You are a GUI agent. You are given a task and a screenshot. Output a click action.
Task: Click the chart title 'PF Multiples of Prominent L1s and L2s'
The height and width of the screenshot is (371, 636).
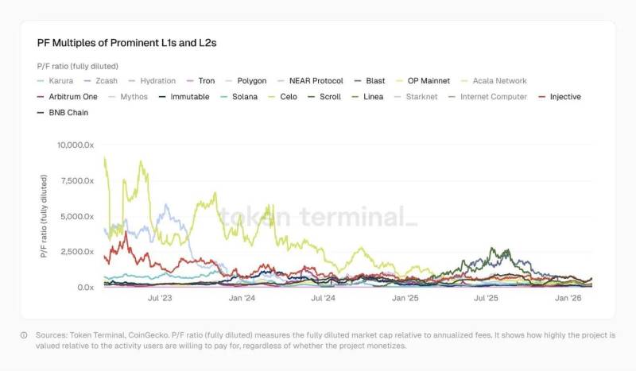tap(126, 43)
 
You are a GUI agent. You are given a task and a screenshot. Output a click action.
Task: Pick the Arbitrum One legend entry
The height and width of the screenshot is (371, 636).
tap(68, 97)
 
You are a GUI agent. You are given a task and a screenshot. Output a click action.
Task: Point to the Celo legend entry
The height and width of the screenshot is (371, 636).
tap(289, 97)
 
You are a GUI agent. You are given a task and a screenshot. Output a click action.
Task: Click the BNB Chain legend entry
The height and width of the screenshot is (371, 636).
tap(67, 113)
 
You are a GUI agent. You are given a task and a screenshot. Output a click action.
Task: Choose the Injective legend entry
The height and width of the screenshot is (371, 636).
tap(565, 97)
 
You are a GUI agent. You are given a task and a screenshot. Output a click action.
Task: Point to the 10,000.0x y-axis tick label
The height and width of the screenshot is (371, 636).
tap(75, 145)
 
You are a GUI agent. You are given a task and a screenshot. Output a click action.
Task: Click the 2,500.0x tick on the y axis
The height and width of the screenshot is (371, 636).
tap(77, 252)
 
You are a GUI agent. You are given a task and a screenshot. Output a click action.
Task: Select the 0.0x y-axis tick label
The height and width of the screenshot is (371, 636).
tap(84, 287)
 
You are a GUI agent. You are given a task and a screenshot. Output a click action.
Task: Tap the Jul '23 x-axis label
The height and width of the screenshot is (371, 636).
tap(160, 298)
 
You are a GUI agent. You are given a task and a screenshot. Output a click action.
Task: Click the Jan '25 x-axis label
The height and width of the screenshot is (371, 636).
tap(405, 298)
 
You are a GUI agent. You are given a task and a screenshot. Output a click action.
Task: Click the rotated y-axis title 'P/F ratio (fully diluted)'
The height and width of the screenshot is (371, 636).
tap(45, 216)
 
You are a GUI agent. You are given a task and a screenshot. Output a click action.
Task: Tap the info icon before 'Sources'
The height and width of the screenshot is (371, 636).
tap(24, 334)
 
